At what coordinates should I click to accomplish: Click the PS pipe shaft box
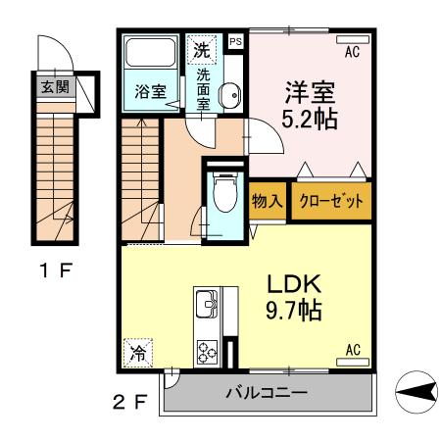[235, 42]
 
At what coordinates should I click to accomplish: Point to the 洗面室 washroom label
[205, 88]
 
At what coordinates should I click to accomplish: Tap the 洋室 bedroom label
[310, 94]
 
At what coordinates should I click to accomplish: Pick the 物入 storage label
[268, 201]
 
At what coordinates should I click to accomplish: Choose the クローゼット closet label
[330, 201]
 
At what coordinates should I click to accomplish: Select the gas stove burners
[209, 351]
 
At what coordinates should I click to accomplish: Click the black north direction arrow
[416, 395]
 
